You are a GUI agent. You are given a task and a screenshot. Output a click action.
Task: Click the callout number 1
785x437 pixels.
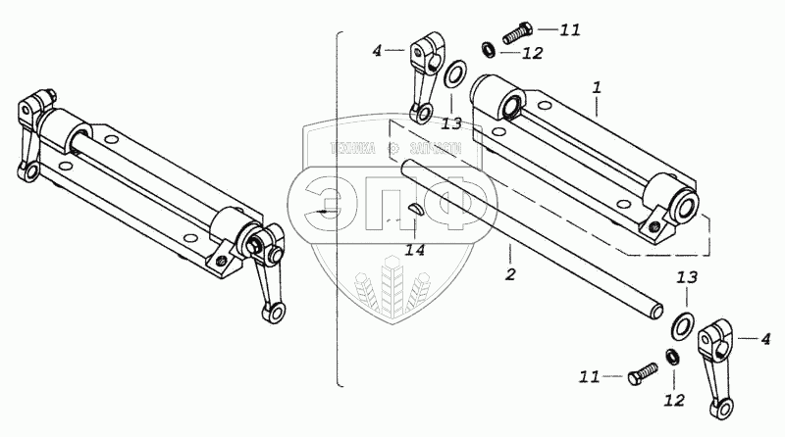(x=596, y=87)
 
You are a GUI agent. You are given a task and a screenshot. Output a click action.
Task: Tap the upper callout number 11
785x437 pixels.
(x=570, y=29)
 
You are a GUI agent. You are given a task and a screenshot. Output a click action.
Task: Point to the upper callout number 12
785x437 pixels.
(x=532, y=53)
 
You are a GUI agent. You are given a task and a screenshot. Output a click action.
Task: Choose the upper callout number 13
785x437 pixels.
(x=450, y=122)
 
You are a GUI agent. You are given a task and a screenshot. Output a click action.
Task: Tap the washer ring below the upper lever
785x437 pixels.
(x=454, y=76)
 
